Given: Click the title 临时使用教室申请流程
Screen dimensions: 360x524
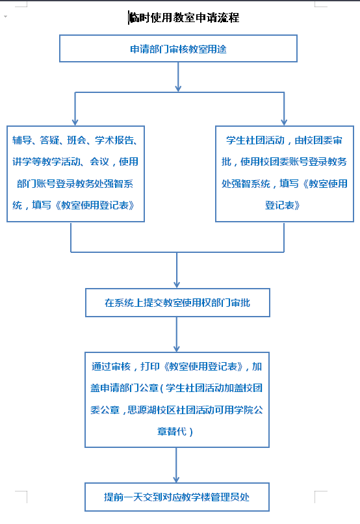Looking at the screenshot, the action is [184, 18].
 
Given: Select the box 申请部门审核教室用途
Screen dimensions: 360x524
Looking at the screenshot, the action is [178, 49].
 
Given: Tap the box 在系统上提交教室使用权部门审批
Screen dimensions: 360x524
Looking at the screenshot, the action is [177, 303].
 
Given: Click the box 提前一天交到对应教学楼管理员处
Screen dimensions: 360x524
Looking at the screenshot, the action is [177, 497].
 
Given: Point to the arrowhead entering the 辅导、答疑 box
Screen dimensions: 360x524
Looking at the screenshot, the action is [75, 122].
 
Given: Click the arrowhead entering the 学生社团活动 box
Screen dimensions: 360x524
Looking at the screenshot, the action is [284, 122].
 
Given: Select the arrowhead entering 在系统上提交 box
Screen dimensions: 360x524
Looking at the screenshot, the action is [177, 284].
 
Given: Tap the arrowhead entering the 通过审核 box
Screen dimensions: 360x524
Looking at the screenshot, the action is [177, 348].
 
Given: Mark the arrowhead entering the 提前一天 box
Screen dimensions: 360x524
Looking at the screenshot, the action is [176, 479].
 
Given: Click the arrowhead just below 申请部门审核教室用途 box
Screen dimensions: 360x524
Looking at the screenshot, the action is [178, 88].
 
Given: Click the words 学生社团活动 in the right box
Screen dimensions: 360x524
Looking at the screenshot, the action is [255, 140].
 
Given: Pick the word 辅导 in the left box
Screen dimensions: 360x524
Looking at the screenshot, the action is [22, 140].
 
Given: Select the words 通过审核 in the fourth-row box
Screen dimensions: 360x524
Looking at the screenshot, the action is [111, 366].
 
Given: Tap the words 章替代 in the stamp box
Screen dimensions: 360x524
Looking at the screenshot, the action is [172, 432].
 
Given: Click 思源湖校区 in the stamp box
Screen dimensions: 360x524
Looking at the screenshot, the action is [151, 410].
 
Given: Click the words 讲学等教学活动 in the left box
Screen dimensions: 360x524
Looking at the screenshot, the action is [46, 162].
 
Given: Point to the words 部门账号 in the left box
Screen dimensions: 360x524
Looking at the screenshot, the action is [36, 183].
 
